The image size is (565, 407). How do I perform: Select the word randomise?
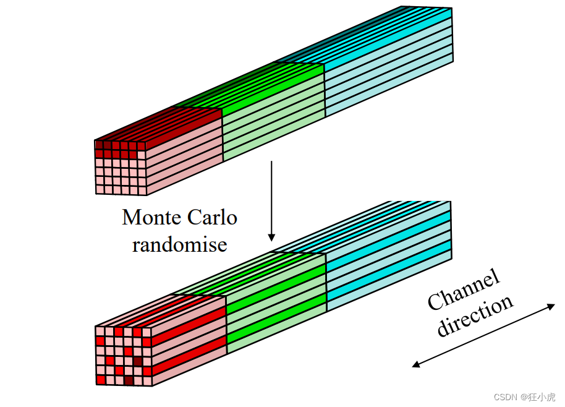[x=179, y=244]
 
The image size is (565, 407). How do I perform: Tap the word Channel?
[x=464, y=290]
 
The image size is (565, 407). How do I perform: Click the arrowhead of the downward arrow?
[x=271, y=237]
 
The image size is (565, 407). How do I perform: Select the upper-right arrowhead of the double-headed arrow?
[x=551, y=306]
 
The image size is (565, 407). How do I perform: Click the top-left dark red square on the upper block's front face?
[x=99, y=145]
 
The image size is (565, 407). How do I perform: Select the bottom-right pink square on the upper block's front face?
[x=142, y=189]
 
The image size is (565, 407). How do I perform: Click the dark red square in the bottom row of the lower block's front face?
[x=129, y=380]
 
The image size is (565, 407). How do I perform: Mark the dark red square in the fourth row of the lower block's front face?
[x=138, y=361]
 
